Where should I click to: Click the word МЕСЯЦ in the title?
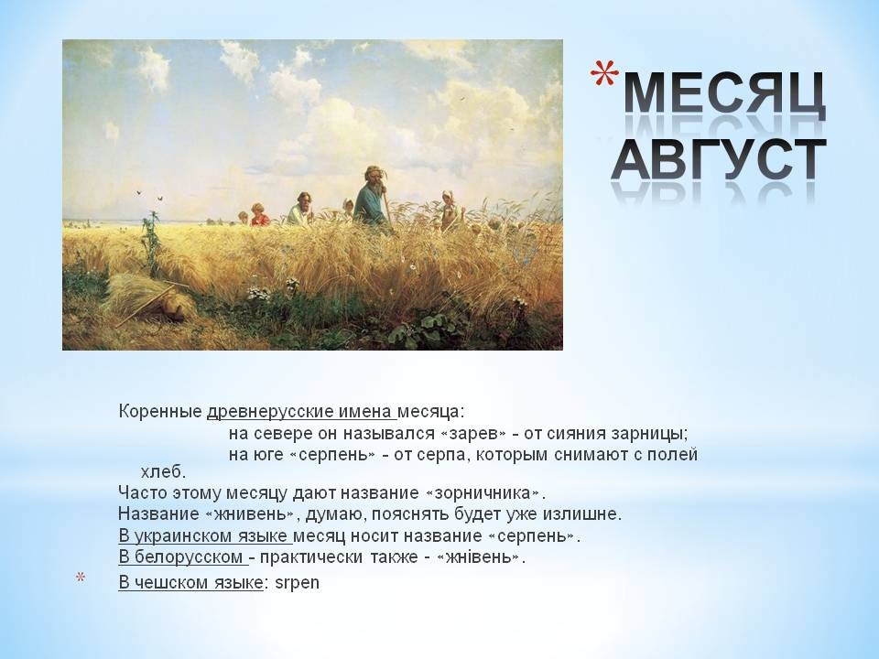pyautogui.click(x=724, y=95)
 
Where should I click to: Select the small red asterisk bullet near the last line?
pyautogui.click(x=81, y=578)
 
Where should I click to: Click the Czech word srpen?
pyautogui.click(x=297, y=583)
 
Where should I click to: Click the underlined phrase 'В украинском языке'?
pyautogui.click(x=204, y=536)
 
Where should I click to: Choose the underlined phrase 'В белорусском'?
pyautogui.click(x=181, y=557)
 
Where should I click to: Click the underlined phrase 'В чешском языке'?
pyautogui.click(x=190, y=583)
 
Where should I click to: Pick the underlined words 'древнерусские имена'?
pyautogui.click(x=300, y=412)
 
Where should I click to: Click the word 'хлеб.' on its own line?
pyautogui.click(x=163, y=472)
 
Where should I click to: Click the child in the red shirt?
pyautogui.click(x=259, y=215)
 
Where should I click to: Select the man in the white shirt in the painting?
pyautogui.click(x=301, y=209)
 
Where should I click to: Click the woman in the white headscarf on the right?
pyautogui.click(x=450, y=211)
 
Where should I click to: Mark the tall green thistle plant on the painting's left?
pyautogui.click(x=151, y=243)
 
